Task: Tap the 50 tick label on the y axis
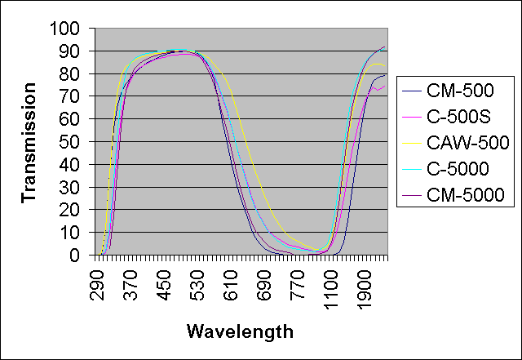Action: point(74,142)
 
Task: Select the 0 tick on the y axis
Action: point(79,256)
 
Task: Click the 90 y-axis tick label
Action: point(74,51)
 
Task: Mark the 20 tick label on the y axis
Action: point(74,210)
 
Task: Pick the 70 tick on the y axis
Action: point(74,97)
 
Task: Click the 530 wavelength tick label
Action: point(200,280)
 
